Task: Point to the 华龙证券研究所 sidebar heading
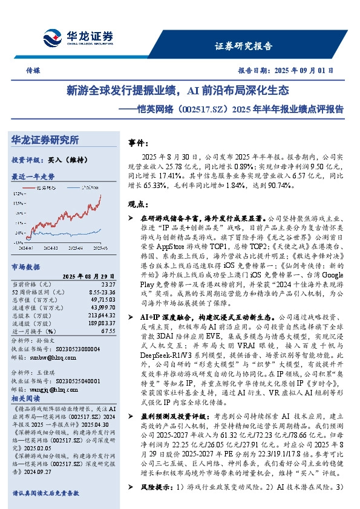pyautogui.click(x=45, y=140)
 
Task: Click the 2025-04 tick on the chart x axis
pyautogui.click(x=74, y=248)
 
